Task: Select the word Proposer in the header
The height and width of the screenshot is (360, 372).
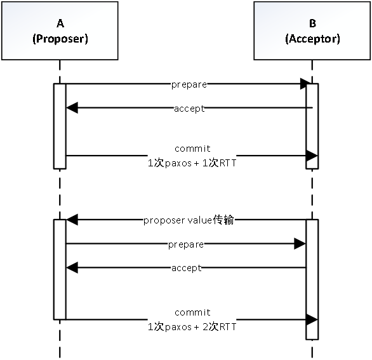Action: [x=60, y=39]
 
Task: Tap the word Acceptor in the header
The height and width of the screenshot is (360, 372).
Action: [x=313, y=39]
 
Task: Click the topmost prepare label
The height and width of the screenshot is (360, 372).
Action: [x=189, y=84]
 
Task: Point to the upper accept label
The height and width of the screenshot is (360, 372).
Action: [x=189, y=109]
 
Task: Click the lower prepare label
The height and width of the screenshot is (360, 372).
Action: [x=186, y=244]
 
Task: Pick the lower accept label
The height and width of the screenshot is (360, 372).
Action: [x=187, y=268]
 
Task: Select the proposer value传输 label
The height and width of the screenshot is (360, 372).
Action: [x=189, y=220]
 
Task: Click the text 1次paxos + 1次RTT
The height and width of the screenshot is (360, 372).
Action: [x=192, y=163]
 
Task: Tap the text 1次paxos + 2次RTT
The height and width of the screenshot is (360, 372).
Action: [x=192, y=327]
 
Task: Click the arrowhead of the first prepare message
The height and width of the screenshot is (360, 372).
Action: [x=305, y=84]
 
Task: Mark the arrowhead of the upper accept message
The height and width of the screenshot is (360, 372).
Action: [x=72, y=108]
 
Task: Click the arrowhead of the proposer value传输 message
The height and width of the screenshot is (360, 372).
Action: [x=72, y=220]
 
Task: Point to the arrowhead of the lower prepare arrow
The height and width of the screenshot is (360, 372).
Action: [x=300, y=244]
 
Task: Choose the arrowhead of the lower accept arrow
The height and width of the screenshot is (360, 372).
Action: [x=72, y=268]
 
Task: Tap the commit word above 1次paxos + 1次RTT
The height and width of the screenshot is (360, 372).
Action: [x=192, y=149]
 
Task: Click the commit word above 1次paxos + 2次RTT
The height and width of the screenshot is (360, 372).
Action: [x=192, y=312]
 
